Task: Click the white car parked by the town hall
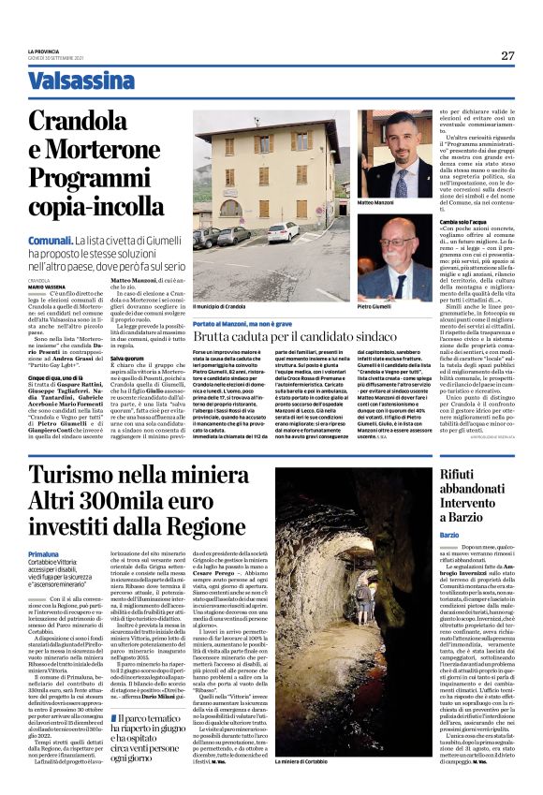pos(283,231)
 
